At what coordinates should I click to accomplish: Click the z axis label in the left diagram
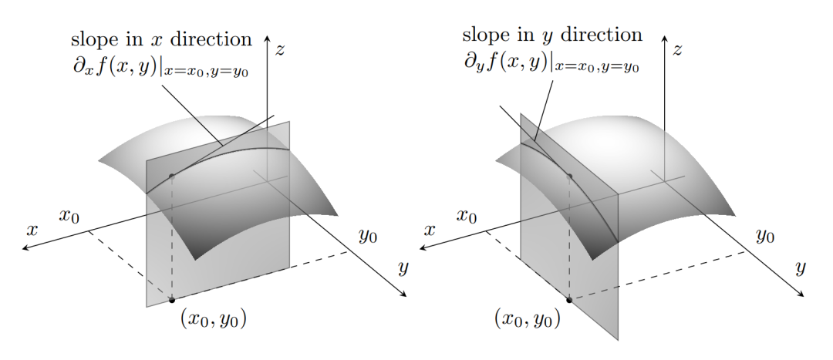280,50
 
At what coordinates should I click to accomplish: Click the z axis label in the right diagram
677,50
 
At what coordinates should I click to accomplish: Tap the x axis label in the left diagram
32,230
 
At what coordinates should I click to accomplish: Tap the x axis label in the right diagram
430,230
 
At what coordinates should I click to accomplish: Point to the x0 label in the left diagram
69,216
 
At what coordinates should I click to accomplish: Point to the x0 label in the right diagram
467,216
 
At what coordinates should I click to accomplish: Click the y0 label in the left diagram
368,236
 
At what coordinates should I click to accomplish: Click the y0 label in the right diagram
765,236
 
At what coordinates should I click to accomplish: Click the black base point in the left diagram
171,300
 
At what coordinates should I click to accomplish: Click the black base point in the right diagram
569,300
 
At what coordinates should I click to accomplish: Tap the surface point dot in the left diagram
171,176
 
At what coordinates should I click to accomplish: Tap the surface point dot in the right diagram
569,176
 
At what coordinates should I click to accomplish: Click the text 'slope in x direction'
161,39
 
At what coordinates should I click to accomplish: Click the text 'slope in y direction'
552,35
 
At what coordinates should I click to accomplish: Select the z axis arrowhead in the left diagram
267,38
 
